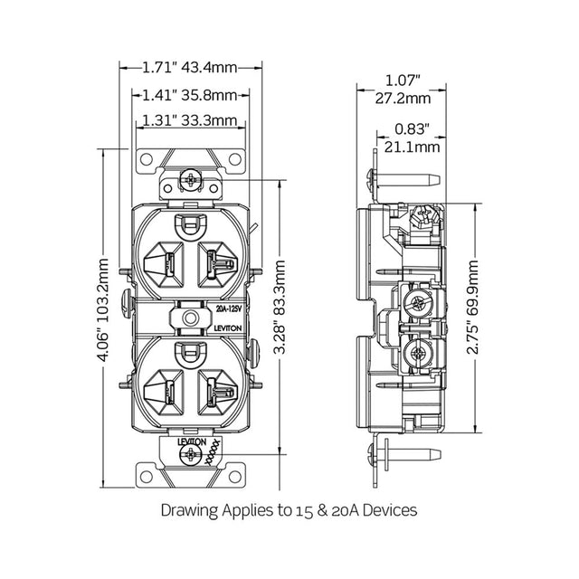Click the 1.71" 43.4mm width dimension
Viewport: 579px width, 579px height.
[190, 68]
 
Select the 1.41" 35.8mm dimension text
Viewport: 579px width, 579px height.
[190, 96]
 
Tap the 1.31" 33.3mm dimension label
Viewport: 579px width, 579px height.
[190, 120]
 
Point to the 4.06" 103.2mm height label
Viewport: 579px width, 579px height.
[104, 309]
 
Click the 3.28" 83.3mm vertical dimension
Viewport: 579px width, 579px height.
[280, 307]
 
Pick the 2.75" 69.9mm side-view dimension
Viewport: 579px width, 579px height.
[472, 308]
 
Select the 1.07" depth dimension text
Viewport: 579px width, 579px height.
[403, 81]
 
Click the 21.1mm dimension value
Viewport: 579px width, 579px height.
[413, 147]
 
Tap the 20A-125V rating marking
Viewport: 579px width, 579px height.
[229, 309]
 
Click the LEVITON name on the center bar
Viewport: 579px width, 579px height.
[228, 328]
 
